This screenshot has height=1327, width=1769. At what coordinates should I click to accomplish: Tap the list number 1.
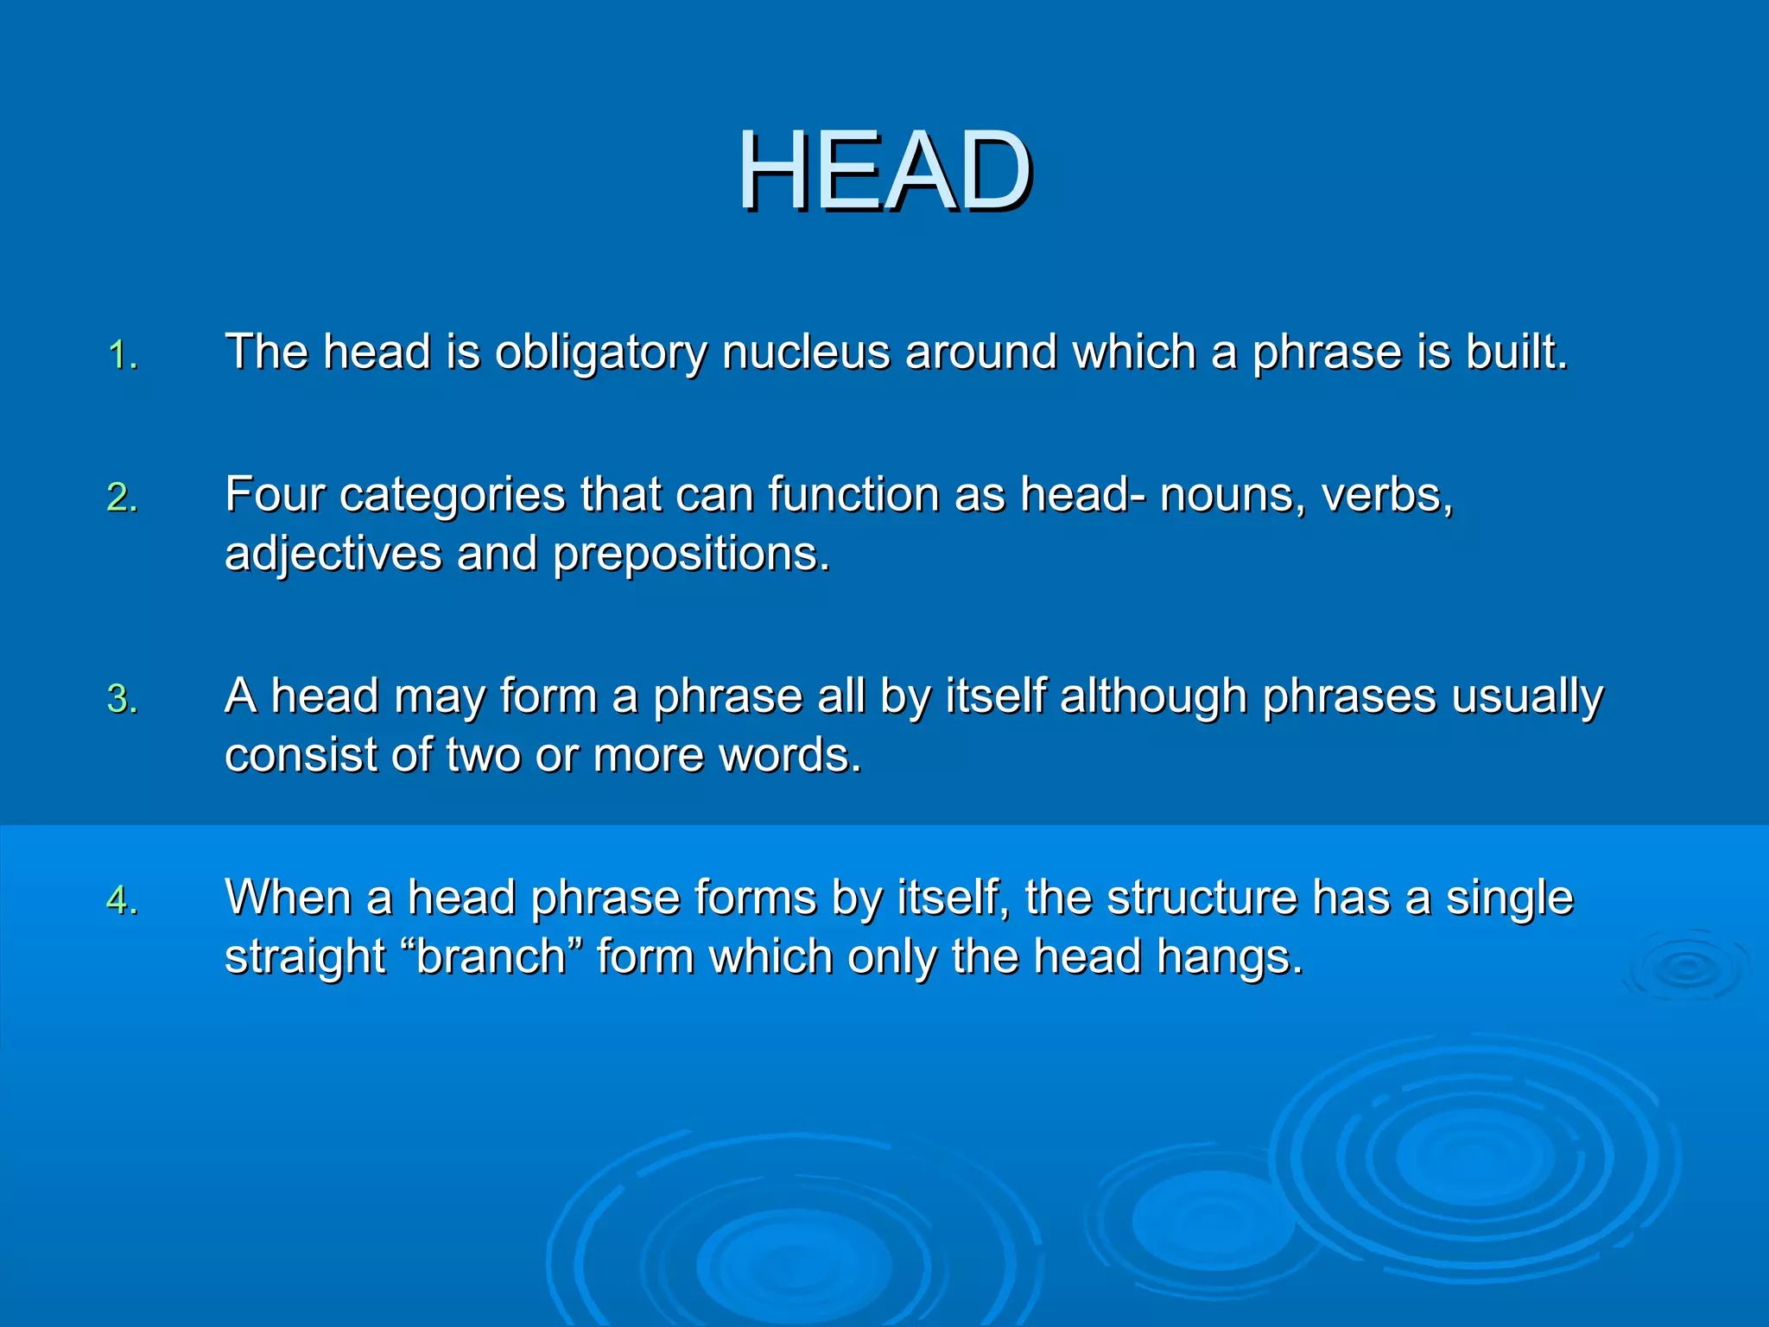coord(123,355)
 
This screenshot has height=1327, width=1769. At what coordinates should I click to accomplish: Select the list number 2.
coord(123,498)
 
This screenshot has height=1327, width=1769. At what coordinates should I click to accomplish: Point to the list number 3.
coord(123,699)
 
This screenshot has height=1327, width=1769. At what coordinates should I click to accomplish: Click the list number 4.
coord(123,900)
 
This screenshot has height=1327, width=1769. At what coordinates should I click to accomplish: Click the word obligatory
coord(600,352)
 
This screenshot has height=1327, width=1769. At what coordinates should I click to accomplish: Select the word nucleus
coord(806,352)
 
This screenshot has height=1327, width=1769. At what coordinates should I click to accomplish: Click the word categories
coord(453,497)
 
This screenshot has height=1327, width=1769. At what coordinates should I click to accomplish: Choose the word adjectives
coord(333,554)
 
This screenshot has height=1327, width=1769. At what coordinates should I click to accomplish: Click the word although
coord(1153,696)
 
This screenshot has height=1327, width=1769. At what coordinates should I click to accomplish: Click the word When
coord(288,898)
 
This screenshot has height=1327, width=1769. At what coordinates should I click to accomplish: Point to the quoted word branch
coord(491,956)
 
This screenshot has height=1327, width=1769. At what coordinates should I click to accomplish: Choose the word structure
coord(1202,898)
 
